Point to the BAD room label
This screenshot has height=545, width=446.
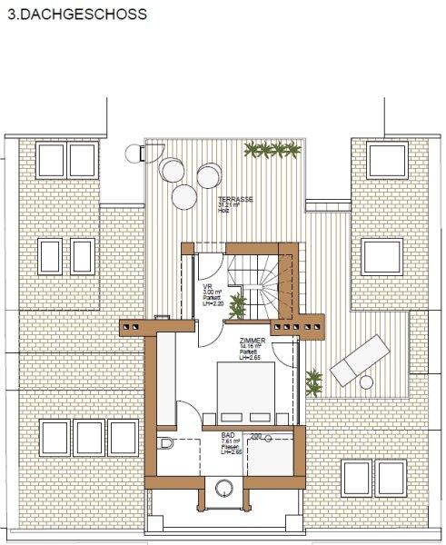coord(228,435)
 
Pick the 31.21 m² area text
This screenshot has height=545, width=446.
coord(230,206)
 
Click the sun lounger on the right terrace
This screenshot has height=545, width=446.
coord(357,360)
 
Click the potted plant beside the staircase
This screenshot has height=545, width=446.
coord(237,305)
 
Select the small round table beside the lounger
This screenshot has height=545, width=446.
coord(366,382)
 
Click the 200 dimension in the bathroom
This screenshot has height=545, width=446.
coord(256,436)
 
